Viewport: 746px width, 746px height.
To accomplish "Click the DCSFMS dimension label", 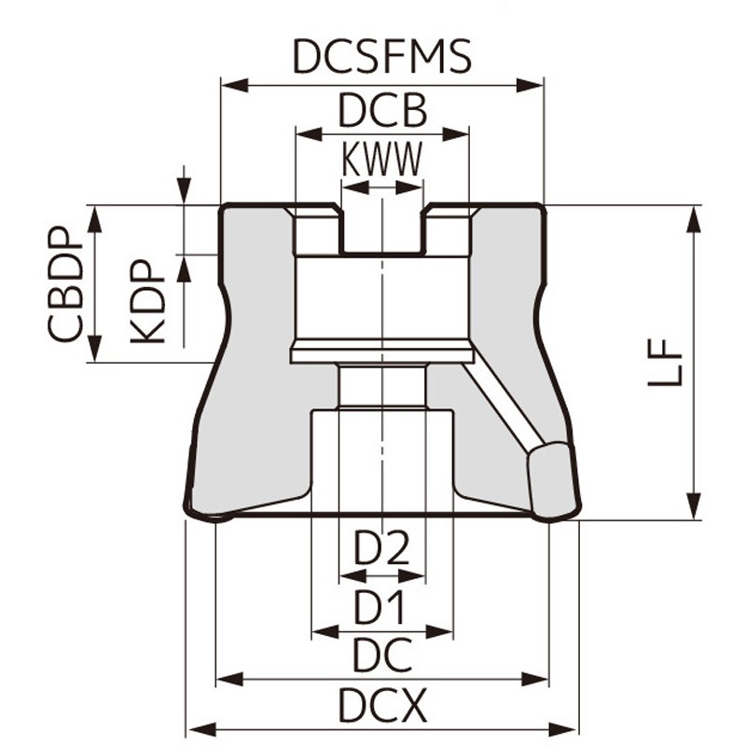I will pyautogui.click(x=381, y=57).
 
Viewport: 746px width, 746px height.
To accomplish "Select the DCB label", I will pyautogui.click(x=381, y=112).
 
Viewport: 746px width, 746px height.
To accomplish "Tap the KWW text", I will pyautogui.click(x=381, y=160).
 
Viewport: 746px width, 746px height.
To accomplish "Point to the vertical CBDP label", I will pyautogui.click(x=66, y=285).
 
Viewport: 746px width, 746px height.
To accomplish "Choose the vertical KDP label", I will pyautogui.click(x=148, y=300).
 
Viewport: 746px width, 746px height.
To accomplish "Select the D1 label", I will pyautogui.click(x=382, y=608).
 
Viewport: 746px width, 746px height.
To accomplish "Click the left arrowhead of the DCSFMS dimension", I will pyautogui.click(x=228, y=87).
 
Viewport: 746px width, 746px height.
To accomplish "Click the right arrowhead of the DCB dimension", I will pyautogui.click(x=461, y=134).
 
